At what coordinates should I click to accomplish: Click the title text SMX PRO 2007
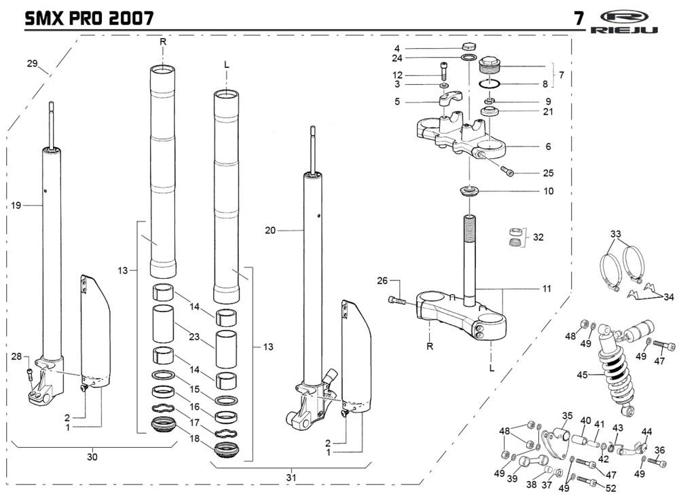(x=89, y=18)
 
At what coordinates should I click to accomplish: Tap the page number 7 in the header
(x=579, y=18)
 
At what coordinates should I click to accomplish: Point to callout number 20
(x=270, y=231)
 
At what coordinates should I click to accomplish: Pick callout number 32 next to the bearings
(x=538, y=237)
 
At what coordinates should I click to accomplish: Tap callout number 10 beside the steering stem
(x=548, y=191)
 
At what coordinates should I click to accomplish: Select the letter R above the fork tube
(x=163, y=42)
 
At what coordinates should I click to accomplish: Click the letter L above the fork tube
(x=227, y=65)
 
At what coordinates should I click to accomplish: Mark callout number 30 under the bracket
(x=92, y=457)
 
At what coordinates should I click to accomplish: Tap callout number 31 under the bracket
(x=292, y=478)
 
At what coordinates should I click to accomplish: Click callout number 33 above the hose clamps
(x=616, y=234)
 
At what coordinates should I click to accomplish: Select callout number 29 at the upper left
(x=32, y=63)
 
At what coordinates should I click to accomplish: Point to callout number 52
(x=610, y=488)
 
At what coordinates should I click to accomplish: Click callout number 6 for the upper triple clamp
(x=548, y=147)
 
